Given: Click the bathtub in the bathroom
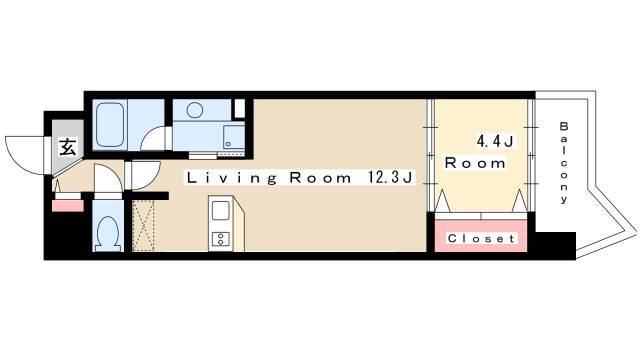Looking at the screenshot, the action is [x=110, y=124].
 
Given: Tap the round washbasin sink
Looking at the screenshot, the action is [x=195, y=110].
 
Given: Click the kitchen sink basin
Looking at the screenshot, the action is [x=220, y=211].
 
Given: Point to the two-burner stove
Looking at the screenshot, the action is [x=220, y=238].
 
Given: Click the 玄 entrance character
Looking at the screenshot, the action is [x=68, y=147].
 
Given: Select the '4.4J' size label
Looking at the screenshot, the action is [x=495, y=141].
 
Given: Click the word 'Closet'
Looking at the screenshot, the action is [x=481, y=238].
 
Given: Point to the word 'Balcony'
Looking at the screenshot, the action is [x=564, y=162].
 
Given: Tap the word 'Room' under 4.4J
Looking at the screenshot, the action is [x=475, y=163].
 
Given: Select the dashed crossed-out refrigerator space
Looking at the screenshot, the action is [x=143, y=225].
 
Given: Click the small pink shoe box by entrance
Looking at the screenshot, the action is [x=68, y=206].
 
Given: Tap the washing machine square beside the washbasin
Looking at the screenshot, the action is [x=233, y=137].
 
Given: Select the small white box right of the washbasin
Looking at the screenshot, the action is [x=240, y=108].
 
